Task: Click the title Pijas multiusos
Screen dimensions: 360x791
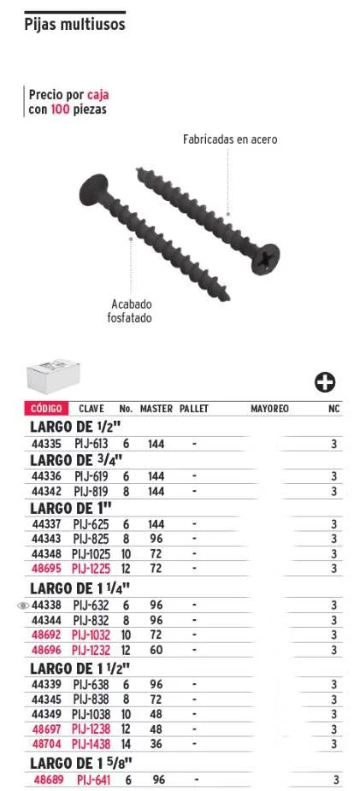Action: [74, 25]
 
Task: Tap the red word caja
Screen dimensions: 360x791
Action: [97, 95]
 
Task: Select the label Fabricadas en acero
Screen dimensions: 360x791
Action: [230, 139]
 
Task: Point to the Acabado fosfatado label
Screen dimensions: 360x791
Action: [130, 311]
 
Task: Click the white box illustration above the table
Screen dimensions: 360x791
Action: [53, 376]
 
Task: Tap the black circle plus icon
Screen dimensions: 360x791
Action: [325, 383]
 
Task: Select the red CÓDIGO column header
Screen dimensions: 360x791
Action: [46, 409]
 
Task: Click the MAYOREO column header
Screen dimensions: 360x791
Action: [269, 409]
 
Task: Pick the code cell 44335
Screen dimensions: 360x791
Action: [46, 445]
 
